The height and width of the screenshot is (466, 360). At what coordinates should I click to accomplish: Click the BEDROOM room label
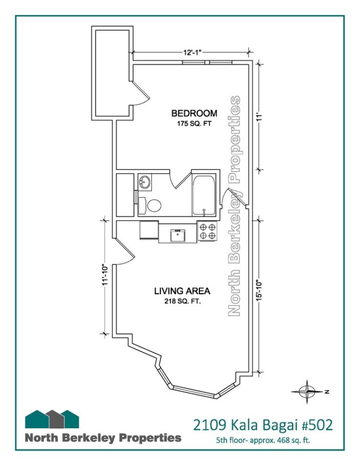click(194, 113)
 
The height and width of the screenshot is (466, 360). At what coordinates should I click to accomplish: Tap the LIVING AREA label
click(182, 291)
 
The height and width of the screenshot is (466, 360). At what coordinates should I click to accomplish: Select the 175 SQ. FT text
click(194, 124)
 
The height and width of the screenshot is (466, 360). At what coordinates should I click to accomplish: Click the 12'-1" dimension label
click(192, 53)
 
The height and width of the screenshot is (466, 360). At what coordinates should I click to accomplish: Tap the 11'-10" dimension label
click(104, 275)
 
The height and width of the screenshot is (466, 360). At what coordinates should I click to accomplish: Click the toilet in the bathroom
click(150, 205)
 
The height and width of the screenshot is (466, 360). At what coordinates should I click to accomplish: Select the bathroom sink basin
click(145, 181)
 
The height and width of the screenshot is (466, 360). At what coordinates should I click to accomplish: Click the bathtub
click(204, 196)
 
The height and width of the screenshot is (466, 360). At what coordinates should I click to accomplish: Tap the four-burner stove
click(207, 231)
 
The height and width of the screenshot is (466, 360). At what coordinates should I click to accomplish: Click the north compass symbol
click(307, 392)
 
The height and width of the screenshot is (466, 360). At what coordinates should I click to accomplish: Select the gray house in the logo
click(54, 419)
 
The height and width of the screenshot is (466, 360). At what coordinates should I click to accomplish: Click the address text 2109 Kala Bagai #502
click(263, 425)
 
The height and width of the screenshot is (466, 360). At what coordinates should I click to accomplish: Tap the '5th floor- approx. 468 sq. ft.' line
click(263, 440)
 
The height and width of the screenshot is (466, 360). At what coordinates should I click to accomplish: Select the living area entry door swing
click(125, 252)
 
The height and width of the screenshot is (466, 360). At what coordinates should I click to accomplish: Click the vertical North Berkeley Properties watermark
click(234, 206)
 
